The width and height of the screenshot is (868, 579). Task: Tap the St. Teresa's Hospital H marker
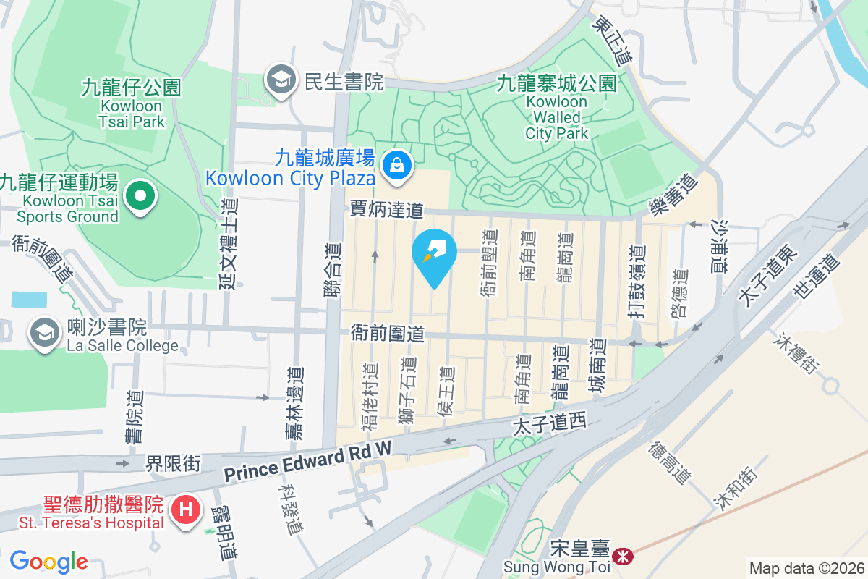click(x=185, y=510)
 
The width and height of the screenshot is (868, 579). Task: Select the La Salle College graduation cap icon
click(x=45, y=334)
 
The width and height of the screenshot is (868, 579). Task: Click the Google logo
click(x=48, y=562)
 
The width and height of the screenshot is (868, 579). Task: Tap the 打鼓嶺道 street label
click(x=636, y=283)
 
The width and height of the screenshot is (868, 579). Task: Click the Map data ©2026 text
click(x=807, y=569)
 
